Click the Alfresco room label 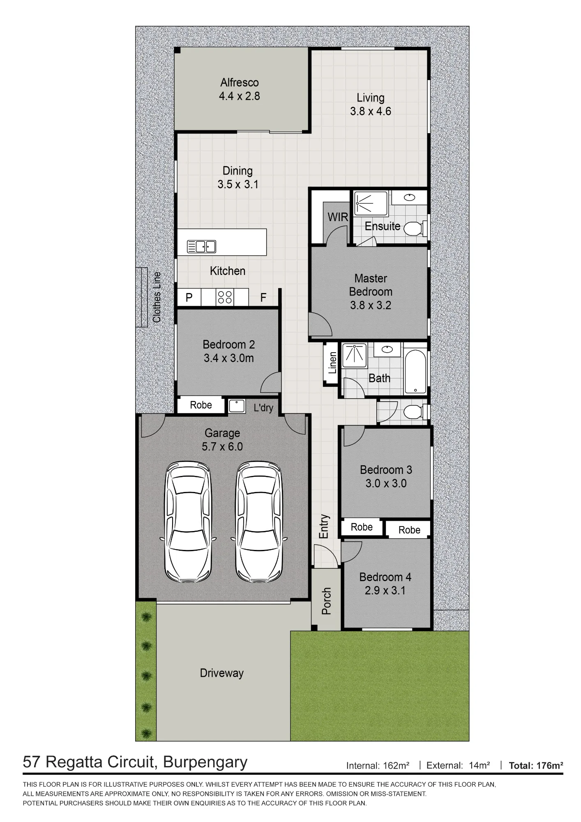point(240,83)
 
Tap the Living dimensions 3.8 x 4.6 point(371,111)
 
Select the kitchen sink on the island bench point(201,246)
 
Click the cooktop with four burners point(225,297)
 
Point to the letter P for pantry point(189,297)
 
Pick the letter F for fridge point(263,297)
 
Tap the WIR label point(338,217)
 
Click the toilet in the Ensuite point(415,228)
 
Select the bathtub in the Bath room point(415,371)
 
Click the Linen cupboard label point(332,363)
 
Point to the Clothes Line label point(157,297)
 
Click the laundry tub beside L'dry point(237,406)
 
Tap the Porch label point(326,601)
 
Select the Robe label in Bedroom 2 point(201,405)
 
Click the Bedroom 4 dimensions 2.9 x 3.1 point(385,591)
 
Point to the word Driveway point(222,673)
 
